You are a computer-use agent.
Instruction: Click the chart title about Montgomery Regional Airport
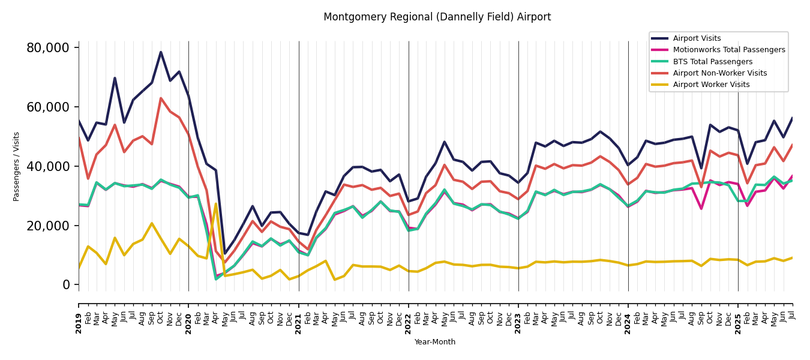[437, 17]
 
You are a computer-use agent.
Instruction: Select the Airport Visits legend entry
[697, 38]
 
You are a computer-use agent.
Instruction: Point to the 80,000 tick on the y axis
[52, 48]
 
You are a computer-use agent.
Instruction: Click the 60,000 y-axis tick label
[52, 107]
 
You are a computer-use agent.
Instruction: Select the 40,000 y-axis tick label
[52, 166]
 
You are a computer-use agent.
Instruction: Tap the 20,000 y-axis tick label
[52, 226]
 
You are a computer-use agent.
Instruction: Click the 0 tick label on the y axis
[66, 285]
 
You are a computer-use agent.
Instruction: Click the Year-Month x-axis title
[435, 342]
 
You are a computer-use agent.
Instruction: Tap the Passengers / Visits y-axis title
[17, 166]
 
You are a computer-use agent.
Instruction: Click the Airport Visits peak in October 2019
[161, 52]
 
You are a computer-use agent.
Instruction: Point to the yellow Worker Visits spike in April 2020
[216, 204]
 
